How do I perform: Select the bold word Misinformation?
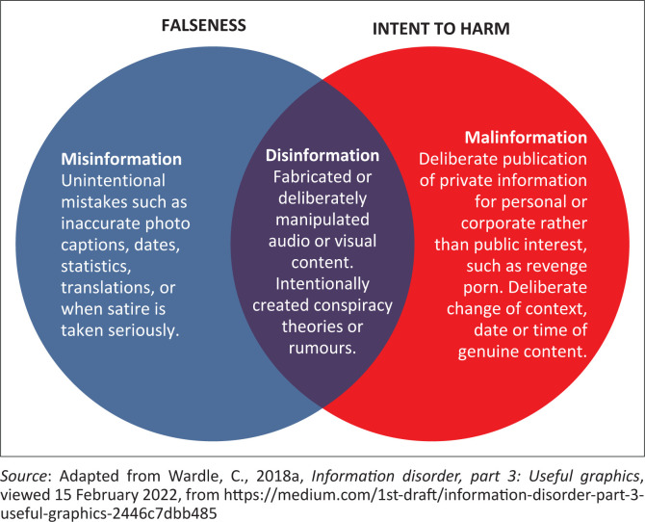(122, 158)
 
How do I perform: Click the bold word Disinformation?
(322, 155)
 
